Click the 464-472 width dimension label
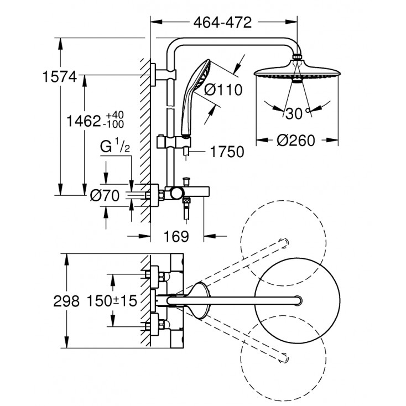(223, 23)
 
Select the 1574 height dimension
(59, 78)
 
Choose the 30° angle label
(295, 113)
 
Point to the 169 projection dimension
(176, 236)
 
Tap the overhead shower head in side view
(297, 75)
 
